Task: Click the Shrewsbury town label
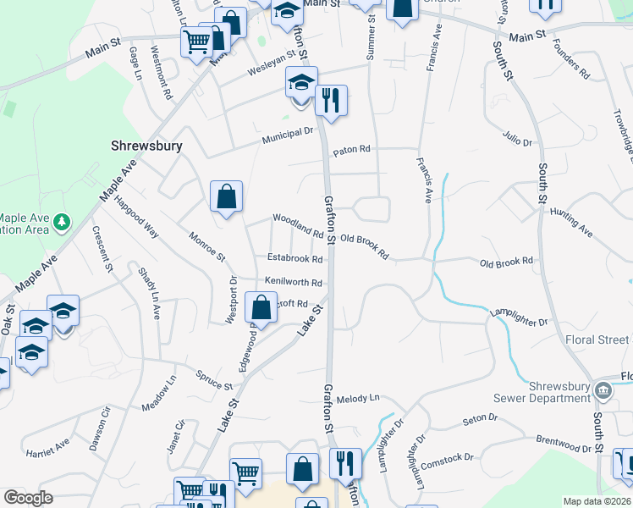coord(146,146)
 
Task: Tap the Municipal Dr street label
coord(288,134)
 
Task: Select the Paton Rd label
coord(352,150)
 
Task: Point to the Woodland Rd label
coord(298,224)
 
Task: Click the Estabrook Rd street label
coord(295,259)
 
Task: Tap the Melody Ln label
coord(359,398)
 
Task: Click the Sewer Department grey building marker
coord(602,390)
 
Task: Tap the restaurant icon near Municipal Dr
coord(330,102)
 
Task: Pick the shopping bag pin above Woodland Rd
coord(226,197)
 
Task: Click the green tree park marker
coord(61,223)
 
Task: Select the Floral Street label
coord(597,340)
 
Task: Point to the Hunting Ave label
coord(571,221)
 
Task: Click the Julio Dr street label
coord(517,138)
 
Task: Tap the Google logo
coord(28,498)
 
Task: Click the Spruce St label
coord(213,380)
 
